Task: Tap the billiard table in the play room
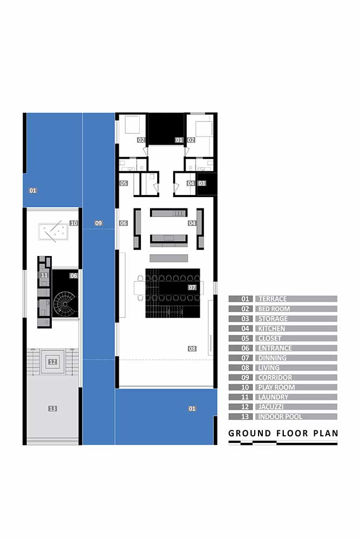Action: click(x=53, y=232)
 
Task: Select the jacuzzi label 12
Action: click(x=53, y=362)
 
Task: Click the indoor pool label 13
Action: click(x=52, y=408)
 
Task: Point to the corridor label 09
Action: click(x=98, y=223)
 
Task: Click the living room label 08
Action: click(x=192, y=348)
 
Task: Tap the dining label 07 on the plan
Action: click(x=192, y=287)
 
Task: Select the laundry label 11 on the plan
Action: click(x=44, y=275)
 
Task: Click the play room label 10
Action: click(x=73, y=223)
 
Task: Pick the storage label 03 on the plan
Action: click(x=202, y=183)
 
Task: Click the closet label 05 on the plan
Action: click(x=124, y=183)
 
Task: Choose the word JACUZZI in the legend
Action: click(x=271, y=407)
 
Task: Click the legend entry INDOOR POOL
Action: click(x=280, y=417)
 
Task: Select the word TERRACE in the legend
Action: click(x=273, y=299)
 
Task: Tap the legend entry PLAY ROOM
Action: click(x=276, y=387)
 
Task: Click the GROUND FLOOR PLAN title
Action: click(x=283, y=433)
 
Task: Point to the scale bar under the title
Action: click(x=283, y=443)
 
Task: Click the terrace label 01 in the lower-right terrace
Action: click(x=192, y=408)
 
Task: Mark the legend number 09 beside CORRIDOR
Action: click(x=245, y=377)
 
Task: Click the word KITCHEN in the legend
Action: click(x=271, y=328)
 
